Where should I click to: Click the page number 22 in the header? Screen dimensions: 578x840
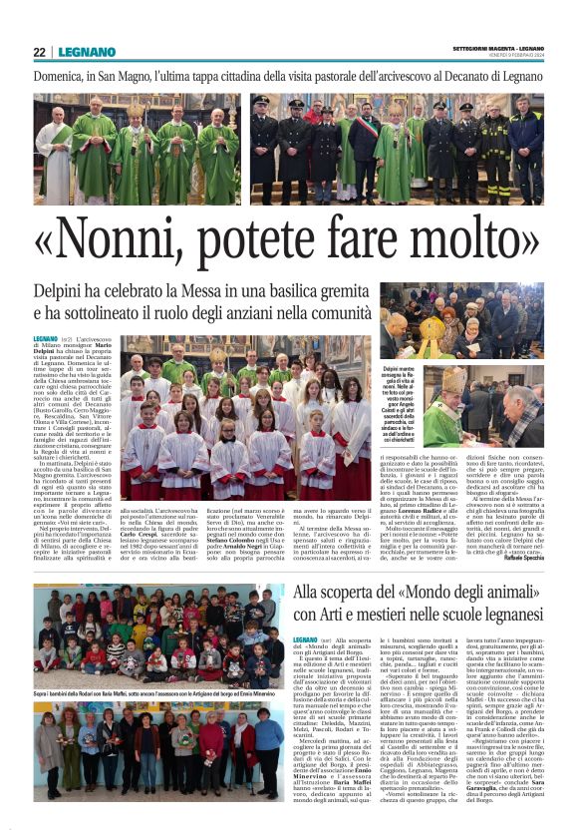click(x=39, y=52)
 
